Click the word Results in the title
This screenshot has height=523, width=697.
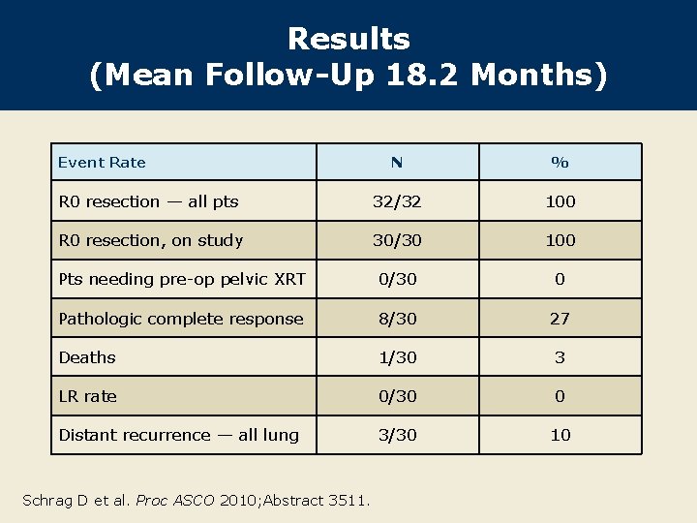coord(348,39)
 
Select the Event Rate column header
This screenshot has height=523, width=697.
coord(102,163)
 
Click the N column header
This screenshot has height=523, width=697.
coord(396,163)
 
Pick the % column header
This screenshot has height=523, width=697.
coord(560,163)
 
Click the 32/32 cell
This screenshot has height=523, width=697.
coord(396,201)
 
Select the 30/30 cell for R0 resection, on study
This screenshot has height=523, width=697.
coord(396,240)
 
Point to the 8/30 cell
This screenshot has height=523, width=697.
coord(396,319)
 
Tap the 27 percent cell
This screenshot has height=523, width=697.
coord(560,319)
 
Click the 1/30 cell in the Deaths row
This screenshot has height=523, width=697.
coord(396,357)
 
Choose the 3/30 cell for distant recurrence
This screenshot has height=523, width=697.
coord(396,435)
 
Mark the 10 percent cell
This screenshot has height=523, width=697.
coord(560,435)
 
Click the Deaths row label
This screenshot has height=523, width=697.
coord(87,357)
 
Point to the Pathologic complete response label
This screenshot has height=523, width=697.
coord(181,319)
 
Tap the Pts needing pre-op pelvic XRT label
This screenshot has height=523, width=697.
coord(182,280)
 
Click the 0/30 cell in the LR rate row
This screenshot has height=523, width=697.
coord(396,396)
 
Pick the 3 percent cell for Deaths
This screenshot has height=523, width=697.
coord(560,357)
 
